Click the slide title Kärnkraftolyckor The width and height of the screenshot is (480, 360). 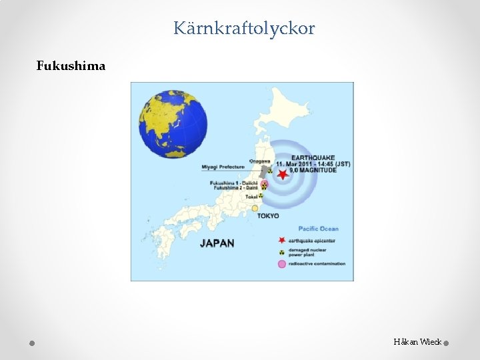coord(244,29)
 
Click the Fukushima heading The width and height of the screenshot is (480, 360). coord(71,66)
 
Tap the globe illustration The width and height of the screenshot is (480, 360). coord(173,125)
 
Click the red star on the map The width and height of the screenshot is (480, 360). coord(283,175)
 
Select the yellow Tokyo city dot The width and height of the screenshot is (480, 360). coord(255,208)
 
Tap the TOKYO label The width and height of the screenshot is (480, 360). coord(268,216)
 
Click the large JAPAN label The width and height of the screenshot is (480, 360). coord(217,243)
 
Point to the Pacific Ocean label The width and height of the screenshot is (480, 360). coord(318,229)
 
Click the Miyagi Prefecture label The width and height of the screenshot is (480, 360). coord(223,167)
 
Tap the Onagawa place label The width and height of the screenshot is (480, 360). coord(259,161)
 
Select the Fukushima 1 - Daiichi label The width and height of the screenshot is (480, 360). coord(233,183)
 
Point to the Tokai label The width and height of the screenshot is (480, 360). coord(251,197)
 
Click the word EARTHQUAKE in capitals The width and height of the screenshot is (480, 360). coord(313,157)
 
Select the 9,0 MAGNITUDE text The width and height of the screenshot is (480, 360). coord(313,171)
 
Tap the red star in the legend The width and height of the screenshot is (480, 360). coord(281,239)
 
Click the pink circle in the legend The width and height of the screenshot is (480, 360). coord(281,264)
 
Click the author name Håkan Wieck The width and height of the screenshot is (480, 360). coord(417,342)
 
